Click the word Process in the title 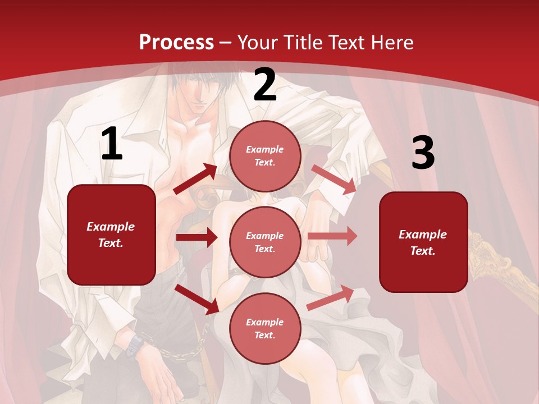[x=176, y=43]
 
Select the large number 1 [x=112, y=145]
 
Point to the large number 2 [x=265, y=85]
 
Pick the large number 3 [x=423, y=153]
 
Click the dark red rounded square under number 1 [x=111, y=235]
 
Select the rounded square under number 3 [x=423, y=242]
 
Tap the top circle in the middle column [x=265, y=156]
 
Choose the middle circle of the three [x=265, y=242]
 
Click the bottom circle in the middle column [x=265, y=328]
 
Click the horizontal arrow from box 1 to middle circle [x=197, y=237]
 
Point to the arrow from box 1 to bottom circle [x=197, y=299]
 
